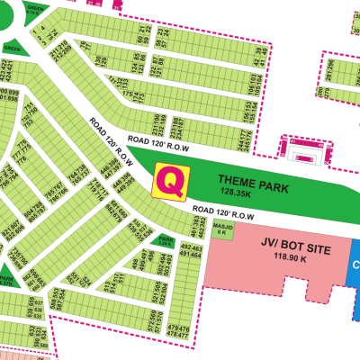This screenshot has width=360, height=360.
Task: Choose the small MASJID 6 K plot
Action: (x=221, y=229)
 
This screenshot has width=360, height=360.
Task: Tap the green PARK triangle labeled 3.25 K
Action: (x=166, y=240)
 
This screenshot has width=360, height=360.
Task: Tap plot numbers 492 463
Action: (x=190, y=247)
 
